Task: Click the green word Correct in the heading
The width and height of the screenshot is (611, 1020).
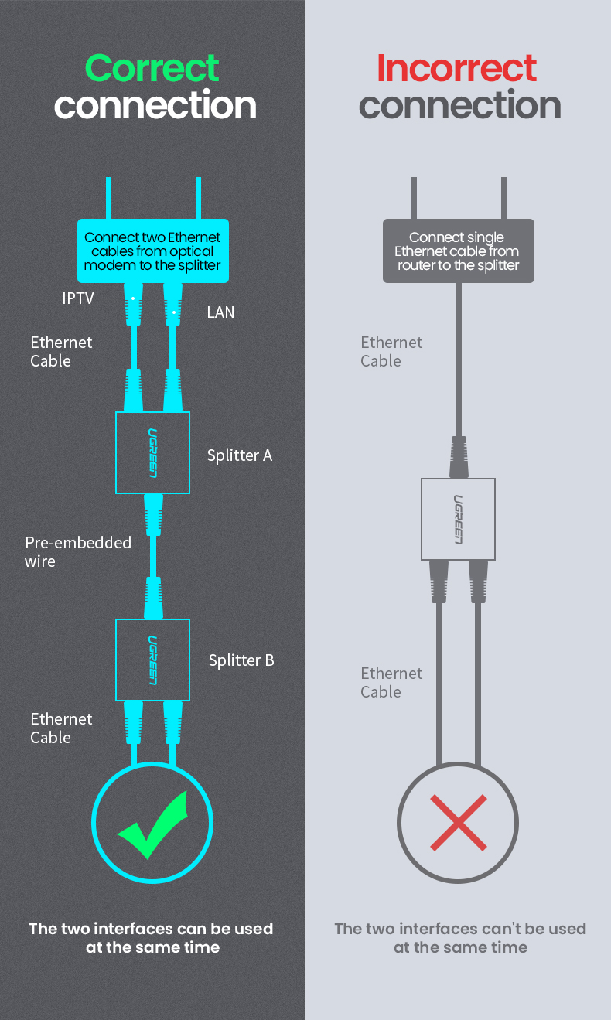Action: click(152, 68)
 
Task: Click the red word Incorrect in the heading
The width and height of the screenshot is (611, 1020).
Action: click(456, 68)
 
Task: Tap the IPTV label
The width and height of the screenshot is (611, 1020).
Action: click(78, 298)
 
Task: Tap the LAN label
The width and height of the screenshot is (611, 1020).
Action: click(220, 312)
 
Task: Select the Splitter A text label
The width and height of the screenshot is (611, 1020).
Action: click(240, 455)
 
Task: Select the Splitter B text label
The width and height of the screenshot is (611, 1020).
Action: click(241, 660)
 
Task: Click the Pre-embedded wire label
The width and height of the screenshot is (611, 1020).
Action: click(77, 551)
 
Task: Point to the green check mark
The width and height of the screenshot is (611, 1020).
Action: click(153, 824)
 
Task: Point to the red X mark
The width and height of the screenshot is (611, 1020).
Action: click(459, 822)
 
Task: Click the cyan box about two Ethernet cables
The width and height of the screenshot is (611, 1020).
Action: click(153, 251)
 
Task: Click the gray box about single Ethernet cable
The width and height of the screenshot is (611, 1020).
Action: click(459, 251)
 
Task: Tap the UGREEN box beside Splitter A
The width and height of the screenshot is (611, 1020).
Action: click(153, 452)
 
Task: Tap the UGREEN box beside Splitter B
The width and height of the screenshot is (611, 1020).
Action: click(153, 660)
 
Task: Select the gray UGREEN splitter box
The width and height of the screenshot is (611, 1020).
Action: click(459, 519)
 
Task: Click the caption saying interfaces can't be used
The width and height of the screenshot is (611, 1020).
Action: click(460, 937)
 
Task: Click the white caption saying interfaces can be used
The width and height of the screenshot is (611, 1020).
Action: click(152, 937)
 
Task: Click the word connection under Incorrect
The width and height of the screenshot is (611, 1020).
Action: click(460, 105)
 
